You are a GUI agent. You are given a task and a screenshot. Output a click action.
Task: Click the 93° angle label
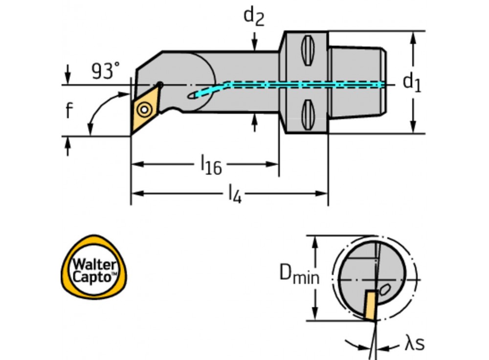[105, 71]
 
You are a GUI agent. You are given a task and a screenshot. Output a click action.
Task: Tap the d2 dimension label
[254, 16]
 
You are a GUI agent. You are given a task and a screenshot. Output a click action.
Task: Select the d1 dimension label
[412, 82]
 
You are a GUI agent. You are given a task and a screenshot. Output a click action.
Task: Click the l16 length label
[210, 166]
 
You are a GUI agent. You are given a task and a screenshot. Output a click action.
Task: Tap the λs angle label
[414, 344]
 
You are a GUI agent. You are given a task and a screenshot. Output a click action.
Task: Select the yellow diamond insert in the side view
[144, 109]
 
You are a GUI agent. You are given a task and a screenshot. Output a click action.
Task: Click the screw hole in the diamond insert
[144, 109]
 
